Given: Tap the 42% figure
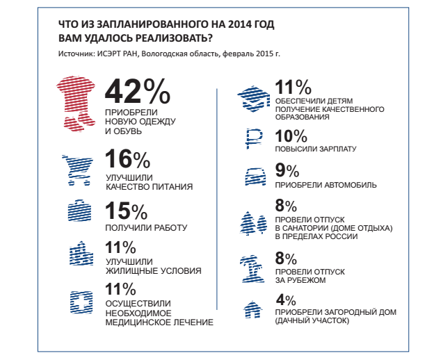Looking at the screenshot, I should point(136,92).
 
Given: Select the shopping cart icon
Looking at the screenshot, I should point(76,169).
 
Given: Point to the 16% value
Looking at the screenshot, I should point(127,161).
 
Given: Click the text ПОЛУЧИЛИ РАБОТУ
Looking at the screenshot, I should point(146,227).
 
